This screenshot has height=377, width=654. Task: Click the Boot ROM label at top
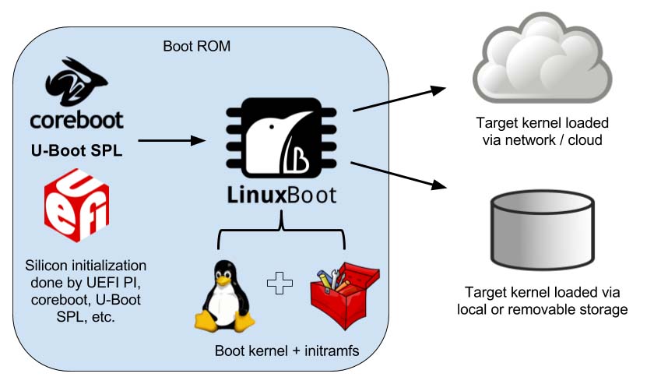tap(196, 46)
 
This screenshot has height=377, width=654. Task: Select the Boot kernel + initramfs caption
tap(287, 351)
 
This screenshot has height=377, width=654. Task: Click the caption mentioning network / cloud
tap(542, 132)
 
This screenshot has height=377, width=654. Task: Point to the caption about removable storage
tap(542, 301)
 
